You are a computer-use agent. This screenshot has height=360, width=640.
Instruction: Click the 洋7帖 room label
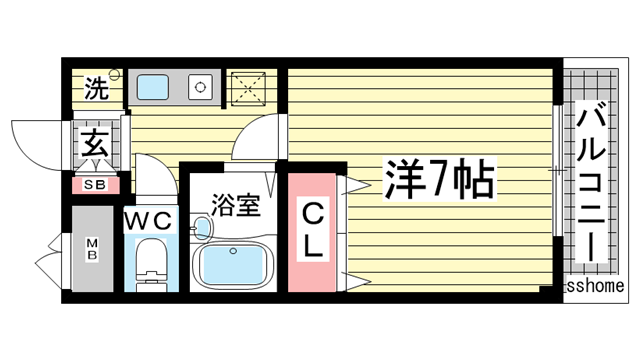[437, 179]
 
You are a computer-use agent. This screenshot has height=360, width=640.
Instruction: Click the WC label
[150, 219]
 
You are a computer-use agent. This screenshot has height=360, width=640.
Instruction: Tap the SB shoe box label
[95, 185]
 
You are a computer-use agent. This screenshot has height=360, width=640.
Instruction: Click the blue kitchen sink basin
[153, 88]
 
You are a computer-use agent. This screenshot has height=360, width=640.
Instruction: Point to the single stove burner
[202, 87]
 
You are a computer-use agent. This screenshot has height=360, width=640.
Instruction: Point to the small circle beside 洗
[115, 74]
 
